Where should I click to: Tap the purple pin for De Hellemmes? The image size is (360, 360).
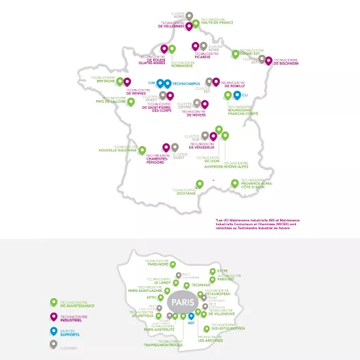coord(189,26)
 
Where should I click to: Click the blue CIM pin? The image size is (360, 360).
coord(160,84)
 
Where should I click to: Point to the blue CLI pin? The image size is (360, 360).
coord(237,96)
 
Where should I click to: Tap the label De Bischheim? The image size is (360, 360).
coord(286,63)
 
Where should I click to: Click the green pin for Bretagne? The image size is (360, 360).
coord(120,82)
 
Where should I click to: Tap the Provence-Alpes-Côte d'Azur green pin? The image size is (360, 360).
coord(234,184)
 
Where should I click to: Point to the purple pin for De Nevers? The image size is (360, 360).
coord(205,104)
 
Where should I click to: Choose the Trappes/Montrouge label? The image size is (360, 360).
coord(170,344)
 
